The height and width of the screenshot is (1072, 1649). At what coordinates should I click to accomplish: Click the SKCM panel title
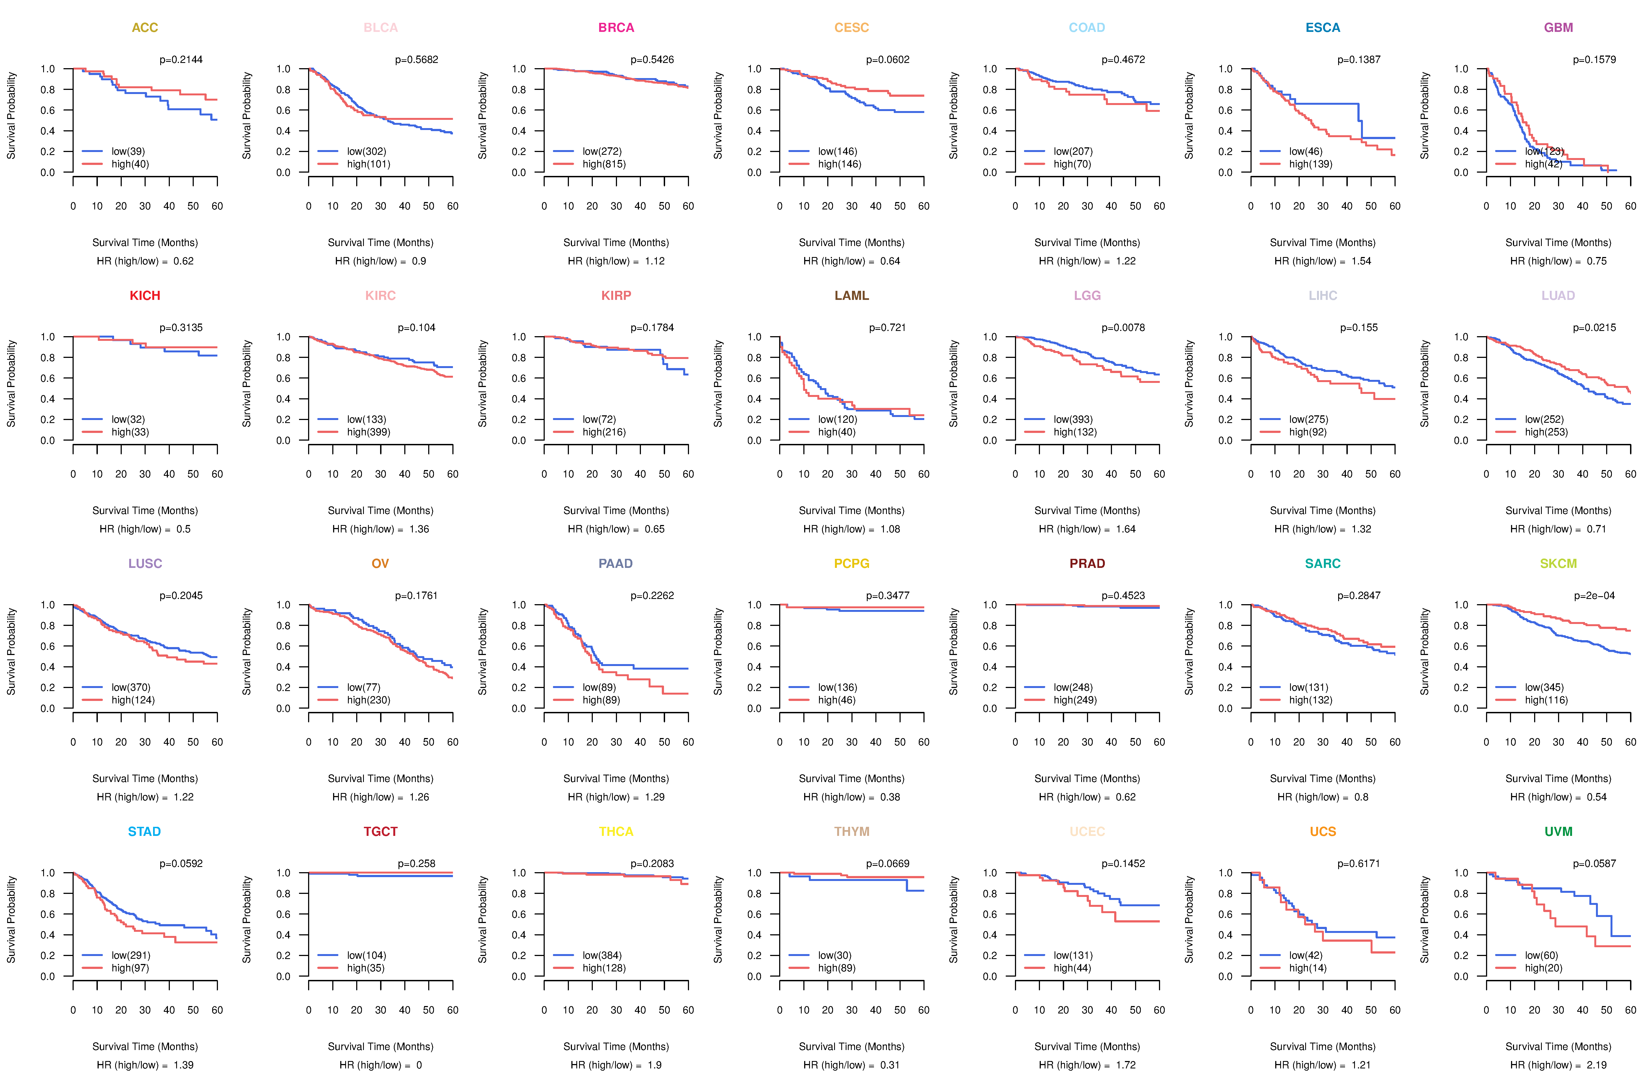[x=1558, y=563]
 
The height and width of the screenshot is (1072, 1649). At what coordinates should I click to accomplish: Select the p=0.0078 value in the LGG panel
[x=1123, y=328]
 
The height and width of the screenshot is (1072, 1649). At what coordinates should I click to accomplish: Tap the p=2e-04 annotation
[x=1594, y=596]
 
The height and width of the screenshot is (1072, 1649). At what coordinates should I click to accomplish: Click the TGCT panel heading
[x=380, y=831]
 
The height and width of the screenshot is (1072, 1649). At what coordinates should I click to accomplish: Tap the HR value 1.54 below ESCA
[x=1361, y=261]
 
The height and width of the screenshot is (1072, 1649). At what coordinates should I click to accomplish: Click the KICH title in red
[x=145, y=296]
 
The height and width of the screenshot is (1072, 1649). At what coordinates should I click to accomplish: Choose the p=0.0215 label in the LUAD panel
[x=1594, y=328]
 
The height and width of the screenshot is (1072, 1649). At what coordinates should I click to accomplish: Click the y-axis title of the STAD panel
[x=11, y=919]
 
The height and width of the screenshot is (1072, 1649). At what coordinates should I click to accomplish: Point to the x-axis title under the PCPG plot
[x=851, y=779]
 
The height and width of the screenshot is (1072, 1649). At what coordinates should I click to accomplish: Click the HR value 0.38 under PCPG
[x=890, y=797]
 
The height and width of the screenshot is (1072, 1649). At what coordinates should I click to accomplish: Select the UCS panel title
[x=1323, y=831]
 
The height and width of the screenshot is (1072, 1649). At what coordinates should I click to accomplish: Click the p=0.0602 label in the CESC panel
[x=887, y=60]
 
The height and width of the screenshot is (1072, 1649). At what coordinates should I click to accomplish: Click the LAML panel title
[x=851, y=296]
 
